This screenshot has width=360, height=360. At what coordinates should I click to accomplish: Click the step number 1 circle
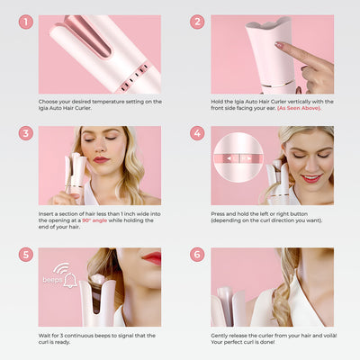(x=26, y=22)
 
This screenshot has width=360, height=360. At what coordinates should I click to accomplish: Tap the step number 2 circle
(x=197, y=22)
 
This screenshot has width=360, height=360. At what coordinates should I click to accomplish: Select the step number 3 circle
(x=26, y=133)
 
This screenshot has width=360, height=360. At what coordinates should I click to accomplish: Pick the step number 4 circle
(x=197, y=133)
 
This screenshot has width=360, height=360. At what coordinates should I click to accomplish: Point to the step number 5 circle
(x=26, y=256)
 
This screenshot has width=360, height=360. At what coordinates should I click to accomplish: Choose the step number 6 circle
(x=197, y=256)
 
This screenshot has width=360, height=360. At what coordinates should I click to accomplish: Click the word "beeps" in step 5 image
(x=52, y=280)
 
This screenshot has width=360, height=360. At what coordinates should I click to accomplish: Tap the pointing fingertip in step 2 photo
(x=280, y=45)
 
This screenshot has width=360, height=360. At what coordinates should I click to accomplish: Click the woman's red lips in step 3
(x=101, y=160)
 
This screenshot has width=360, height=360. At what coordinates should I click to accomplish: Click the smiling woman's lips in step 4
(x=310, y=177)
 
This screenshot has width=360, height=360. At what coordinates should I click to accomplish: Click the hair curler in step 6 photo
(x=226, y=306)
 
